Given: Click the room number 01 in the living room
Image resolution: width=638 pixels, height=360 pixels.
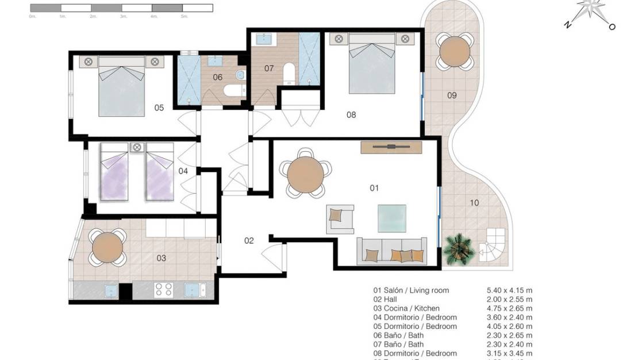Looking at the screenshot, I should [374, 188].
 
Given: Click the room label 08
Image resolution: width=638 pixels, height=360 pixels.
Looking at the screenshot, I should [351, 115].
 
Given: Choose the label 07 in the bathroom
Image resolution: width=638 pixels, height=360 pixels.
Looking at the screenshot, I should [268, 68].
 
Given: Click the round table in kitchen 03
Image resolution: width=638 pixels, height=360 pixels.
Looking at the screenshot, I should [107, 247].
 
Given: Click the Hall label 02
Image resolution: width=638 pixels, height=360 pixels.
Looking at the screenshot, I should [249, 241].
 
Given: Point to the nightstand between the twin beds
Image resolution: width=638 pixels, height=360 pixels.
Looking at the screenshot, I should [137, 147].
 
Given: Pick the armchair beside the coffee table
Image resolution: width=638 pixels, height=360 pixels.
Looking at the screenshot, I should [339, 219].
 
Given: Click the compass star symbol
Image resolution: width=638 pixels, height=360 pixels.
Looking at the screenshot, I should [590, 13].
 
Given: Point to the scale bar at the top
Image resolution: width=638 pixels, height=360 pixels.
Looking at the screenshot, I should [121, 8].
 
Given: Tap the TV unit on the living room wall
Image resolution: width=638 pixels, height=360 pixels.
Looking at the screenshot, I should [391, 147].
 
